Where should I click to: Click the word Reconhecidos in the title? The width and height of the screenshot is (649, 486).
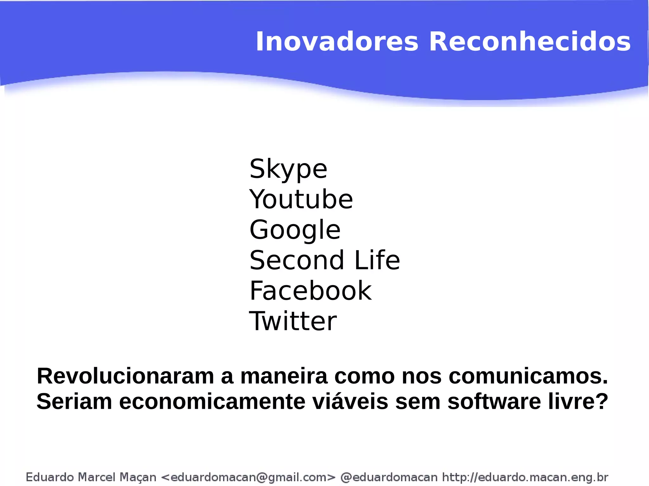coord(530,42)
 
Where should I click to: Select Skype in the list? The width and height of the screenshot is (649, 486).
coord(288,169)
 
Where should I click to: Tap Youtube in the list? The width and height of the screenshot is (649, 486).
coord(301,199)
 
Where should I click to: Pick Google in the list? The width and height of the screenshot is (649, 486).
coord(295,230)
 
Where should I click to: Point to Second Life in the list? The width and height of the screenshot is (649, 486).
coord(324,260)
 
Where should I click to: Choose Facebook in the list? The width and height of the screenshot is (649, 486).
coord(310,291)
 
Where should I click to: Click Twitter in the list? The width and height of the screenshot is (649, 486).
coord(293,321)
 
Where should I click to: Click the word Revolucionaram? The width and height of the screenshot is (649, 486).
coord(125,376)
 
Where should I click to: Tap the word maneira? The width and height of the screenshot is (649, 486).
coord(284,376)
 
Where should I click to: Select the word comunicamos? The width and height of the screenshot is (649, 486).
coord(528,376)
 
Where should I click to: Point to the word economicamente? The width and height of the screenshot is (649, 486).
coord(212,401)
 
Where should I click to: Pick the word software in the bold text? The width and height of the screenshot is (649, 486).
coord(494,401)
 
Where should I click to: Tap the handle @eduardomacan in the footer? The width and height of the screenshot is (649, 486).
coord(389,477)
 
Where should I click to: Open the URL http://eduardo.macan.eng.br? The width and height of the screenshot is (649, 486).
coord(525,477)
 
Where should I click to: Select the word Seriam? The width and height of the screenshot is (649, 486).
coord(74,401)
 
